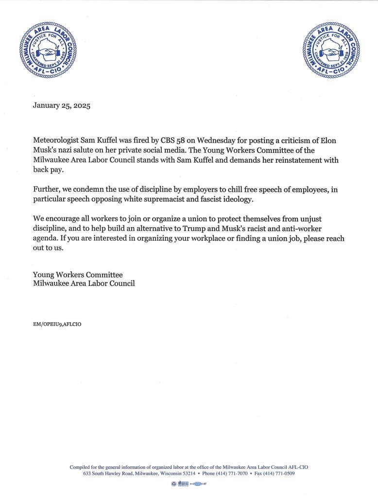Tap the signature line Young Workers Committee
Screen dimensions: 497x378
point(78,275)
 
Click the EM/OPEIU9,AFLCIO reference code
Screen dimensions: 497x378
point(57,324)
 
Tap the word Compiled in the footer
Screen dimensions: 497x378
point(80,467)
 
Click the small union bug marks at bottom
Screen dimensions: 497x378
point(189,484)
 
